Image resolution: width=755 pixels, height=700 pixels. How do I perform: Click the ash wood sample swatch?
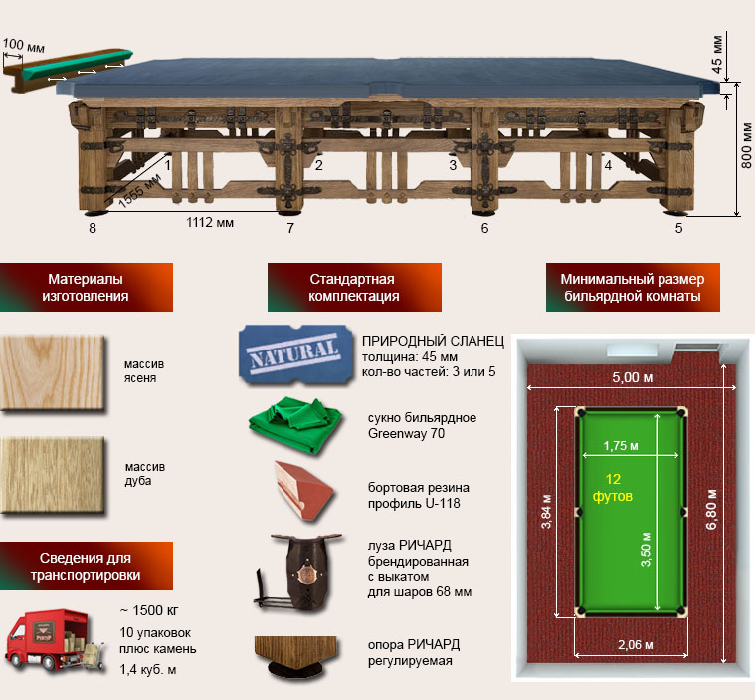click(x=52, y=371)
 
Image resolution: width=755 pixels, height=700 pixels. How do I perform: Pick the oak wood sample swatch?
click(x=52, y=474)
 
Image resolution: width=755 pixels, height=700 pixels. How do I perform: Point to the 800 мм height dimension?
click(x=746, y=146)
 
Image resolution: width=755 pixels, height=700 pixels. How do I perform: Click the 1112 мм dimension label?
click(x=210, y=224)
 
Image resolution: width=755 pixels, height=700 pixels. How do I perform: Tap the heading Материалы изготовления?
click(x=86, y=288)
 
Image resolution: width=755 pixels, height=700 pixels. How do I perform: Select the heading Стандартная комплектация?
click(x=352, y=288)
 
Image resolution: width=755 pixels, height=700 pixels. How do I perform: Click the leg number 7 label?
click(x=290, y=228)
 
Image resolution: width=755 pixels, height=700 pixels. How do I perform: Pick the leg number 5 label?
click(x=679, y=228)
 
